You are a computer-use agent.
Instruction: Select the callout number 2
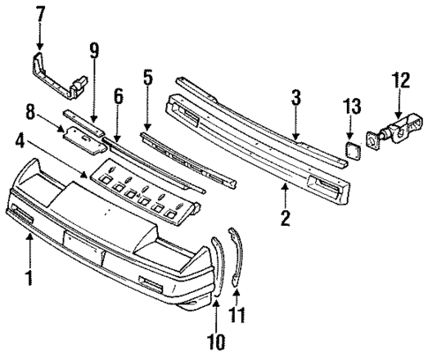point(285,215)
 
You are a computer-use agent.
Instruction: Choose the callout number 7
point(40,15)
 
